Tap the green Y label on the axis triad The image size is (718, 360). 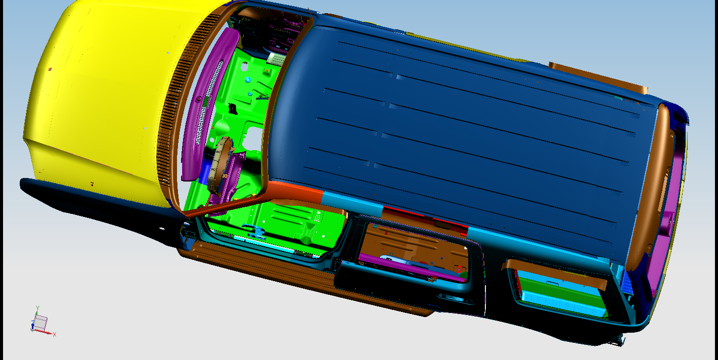coord(37,308)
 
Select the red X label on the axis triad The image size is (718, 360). coord(55,334)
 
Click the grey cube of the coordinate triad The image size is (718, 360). coord(41,322)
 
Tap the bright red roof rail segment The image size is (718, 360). coord(426,218)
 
